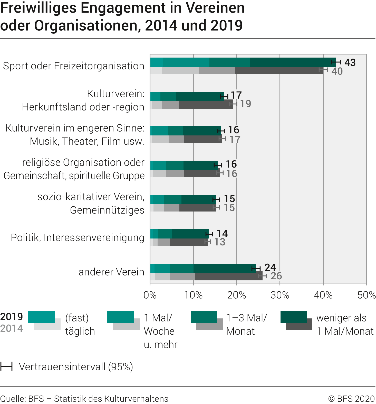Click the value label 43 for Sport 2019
pos(350,62)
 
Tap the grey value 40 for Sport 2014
pos(337,71)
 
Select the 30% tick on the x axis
pos(280,295)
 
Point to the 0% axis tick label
pos(150,295)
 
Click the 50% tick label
pos(367,295)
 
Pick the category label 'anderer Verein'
pos(111,272)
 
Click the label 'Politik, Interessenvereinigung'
pos(78,237)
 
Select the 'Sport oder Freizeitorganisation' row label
pos(74,66)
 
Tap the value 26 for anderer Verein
pos(276,276)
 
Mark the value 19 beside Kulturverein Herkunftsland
pos(245,104)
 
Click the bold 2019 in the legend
pos(12,317)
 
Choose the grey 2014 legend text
pos(12,328)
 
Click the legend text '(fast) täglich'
pos(80,325)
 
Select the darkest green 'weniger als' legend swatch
pos(294,317)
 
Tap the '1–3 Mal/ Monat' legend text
pos(246,325)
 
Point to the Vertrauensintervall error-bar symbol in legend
pos(6,366)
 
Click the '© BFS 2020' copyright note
pos(351,399)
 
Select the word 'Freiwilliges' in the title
pos(38,8)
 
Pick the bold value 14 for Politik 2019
pos(222,234)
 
